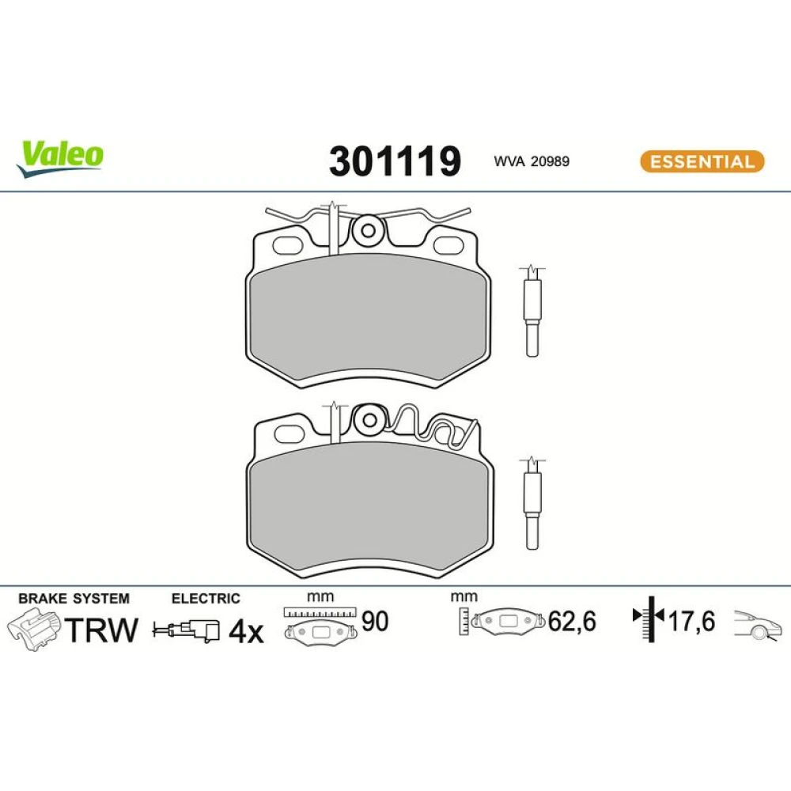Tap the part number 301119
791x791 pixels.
395,161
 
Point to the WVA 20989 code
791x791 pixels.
532,161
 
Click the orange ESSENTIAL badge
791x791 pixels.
702,161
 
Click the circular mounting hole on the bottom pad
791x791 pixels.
369,420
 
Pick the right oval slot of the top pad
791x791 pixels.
448,246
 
